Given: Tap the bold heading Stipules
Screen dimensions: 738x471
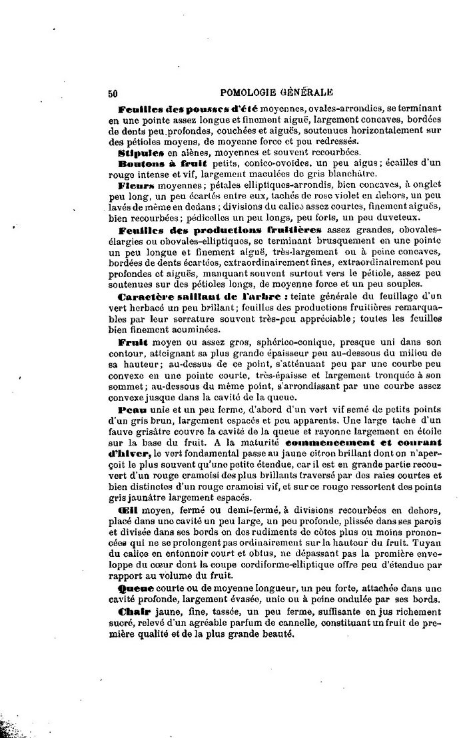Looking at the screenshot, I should coord(138,153).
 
